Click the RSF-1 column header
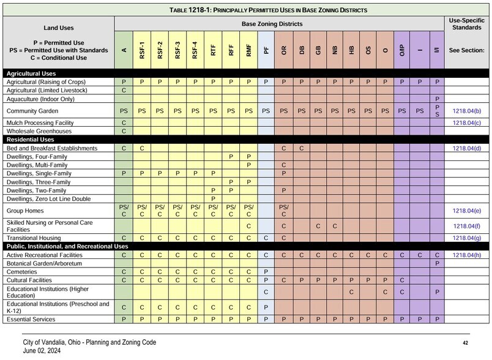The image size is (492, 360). tap(142, 50)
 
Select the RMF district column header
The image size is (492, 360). tap(248, 50)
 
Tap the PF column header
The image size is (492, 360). tap(266, 50)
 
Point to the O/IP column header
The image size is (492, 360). tap(402, 50)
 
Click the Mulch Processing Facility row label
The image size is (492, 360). tap(40, 123)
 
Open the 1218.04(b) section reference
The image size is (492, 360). tap(466, 111)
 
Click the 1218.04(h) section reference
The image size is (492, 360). tap(466, 255)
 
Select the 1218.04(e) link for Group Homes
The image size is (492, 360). tap(466, 211)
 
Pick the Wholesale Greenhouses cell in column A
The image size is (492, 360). tap(124, 131)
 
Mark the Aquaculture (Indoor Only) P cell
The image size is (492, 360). tap(437, 99)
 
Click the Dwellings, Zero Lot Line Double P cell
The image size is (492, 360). tap(213, 198)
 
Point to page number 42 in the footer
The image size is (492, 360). tap(465, 343)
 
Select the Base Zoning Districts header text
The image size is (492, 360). tap(279, 23)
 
